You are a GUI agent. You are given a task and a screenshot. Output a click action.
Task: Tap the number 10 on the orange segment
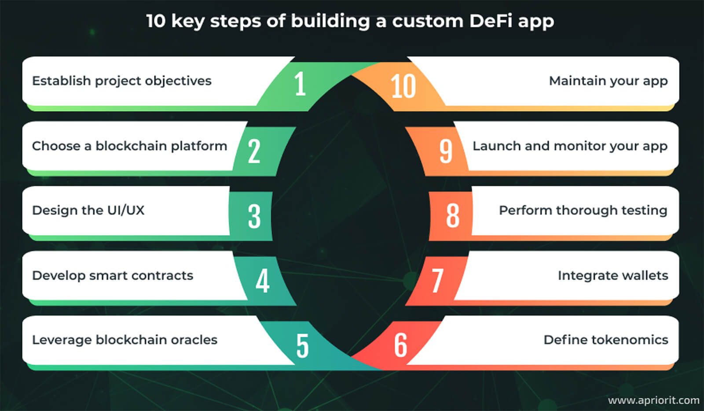(x=403, y=86)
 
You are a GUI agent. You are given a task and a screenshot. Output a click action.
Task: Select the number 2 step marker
(x=254, y=151)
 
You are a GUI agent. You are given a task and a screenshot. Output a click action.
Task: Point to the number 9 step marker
(x=446, y=151)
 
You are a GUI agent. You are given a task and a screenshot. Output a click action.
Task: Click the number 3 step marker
(x=254, y=216)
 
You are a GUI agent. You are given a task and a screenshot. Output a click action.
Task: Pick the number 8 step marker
(x=453, y=216)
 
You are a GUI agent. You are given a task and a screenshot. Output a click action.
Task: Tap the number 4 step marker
(x=262, y=281)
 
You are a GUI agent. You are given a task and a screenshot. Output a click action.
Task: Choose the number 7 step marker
(x=437, y=281)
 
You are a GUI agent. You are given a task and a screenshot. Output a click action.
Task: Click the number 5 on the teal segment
(x=302, y=345)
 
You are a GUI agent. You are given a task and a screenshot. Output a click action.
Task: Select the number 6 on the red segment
(x=400, y=345)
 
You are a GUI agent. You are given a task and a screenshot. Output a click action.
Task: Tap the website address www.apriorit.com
(x=653, y=400)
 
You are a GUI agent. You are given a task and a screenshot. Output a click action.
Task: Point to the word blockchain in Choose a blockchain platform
(x=131, y=146)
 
